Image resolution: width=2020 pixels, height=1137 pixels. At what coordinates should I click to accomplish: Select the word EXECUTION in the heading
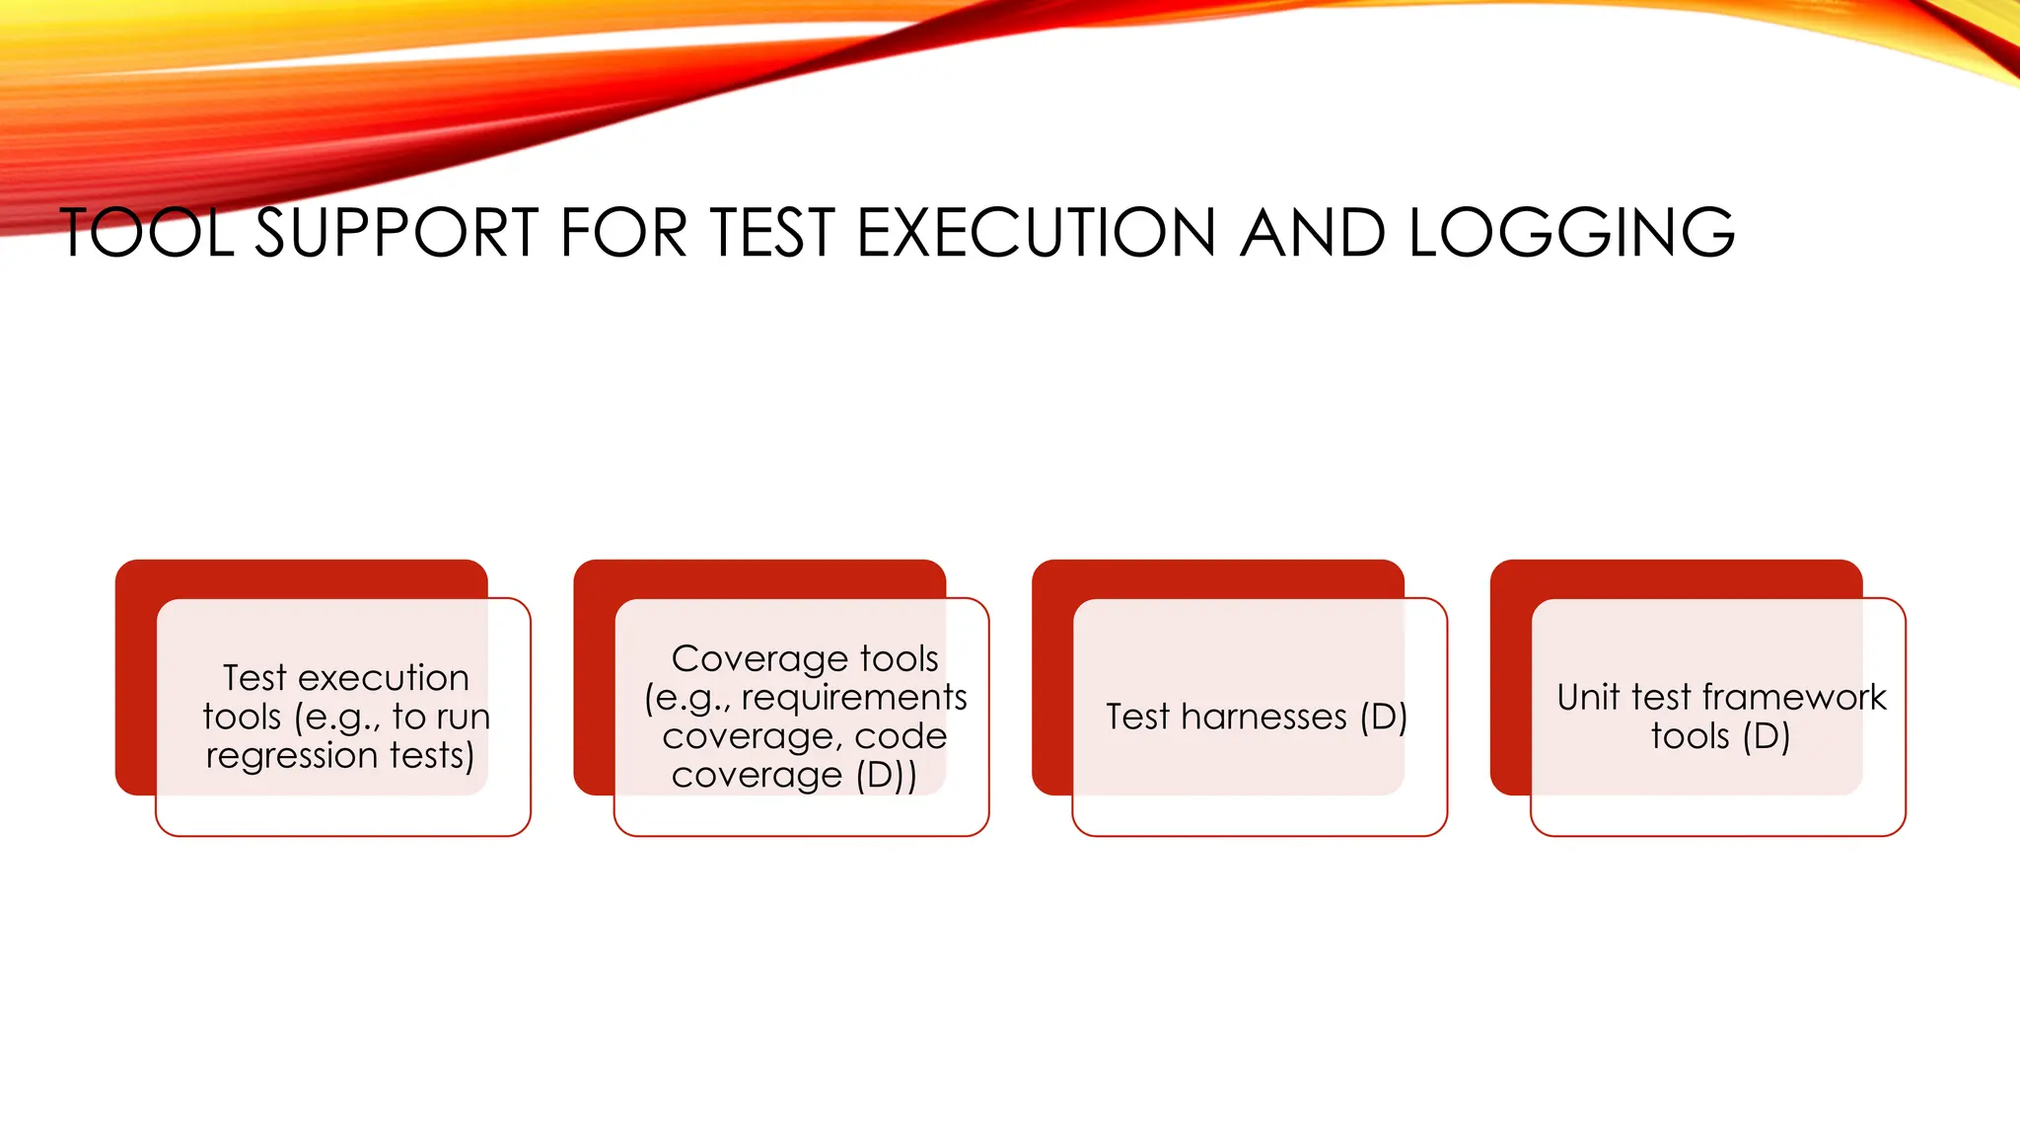pos(1036,234)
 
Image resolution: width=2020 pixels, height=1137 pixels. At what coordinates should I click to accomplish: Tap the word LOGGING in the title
pos(1571,234)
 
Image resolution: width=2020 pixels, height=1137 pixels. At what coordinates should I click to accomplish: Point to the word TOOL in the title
pos(147,234)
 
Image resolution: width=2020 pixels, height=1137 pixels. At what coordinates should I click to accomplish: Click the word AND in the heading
pos(1313,234)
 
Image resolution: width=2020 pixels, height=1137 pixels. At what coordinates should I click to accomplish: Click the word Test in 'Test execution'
pos(254,678)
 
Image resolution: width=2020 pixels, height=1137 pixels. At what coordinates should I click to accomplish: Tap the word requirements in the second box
pos(854,698)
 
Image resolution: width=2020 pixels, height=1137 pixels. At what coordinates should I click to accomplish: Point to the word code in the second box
pos(901,736)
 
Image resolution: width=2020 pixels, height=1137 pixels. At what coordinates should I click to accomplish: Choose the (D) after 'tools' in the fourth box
pos(1766,737)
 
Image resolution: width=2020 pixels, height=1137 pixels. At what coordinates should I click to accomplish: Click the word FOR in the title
pos(622,234)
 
